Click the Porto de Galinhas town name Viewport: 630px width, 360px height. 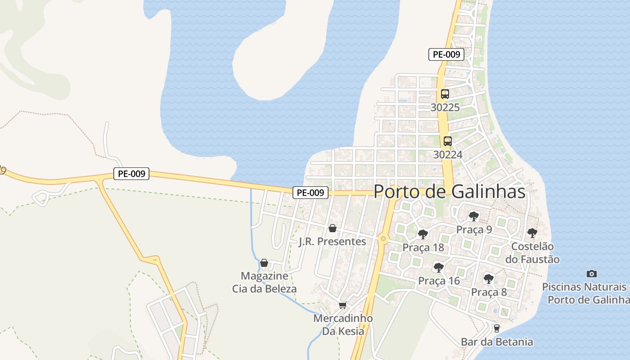tap(449, 192)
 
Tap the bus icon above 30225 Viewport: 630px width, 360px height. tap(445, 94)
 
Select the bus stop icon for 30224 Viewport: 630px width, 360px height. tap(447, 141)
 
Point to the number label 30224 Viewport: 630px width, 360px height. tap(447, 154)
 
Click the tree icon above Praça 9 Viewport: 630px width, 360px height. tap(473, 216)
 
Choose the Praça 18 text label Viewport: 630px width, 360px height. tap(423, 247)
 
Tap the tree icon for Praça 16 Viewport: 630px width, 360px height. tap(438, 268)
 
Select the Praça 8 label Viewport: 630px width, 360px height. tap(489, 292)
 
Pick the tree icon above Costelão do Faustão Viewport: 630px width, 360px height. tap(532, 233)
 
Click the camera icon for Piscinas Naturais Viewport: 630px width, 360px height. tap(592, 274)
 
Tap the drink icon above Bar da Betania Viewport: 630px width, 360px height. tap(496, 328)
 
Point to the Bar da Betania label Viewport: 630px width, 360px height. tap(497, 342)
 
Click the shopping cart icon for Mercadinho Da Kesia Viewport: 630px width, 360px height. tap(343, 306)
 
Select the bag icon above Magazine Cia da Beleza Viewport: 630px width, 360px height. tap(264, 263)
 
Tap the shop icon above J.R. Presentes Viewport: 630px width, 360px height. tap(333, 229)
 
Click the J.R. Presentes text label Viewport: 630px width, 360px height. tap(333, 242)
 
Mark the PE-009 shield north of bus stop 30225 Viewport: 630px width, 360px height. tap(446, 54)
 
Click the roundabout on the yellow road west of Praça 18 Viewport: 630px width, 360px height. tap(383, 238)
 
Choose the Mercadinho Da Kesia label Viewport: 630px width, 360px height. tap(343, 325)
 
